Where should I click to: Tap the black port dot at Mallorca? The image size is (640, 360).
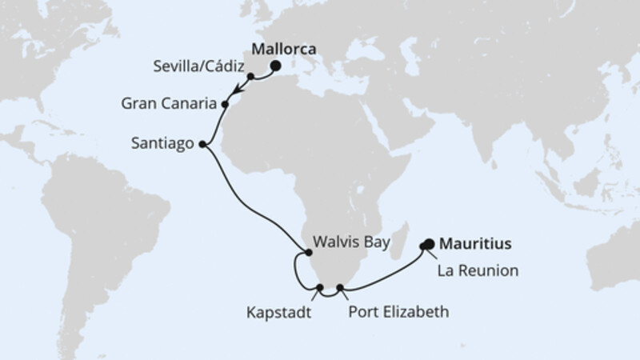tap(276, 67)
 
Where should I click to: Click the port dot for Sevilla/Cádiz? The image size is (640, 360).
tap(250, 77)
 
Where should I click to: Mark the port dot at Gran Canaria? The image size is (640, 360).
tap(225, 104)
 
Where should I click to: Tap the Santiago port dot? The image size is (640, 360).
tap(202, 145)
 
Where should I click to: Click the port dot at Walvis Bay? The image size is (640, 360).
tap(309, 254)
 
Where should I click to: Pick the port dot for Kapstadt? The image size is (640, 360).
tap(319, 287)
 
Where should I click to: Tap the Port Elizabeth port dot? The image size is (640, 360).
tap(340, 287)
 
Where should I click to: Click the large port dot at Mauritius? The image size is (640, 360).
tap(429, 244)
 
